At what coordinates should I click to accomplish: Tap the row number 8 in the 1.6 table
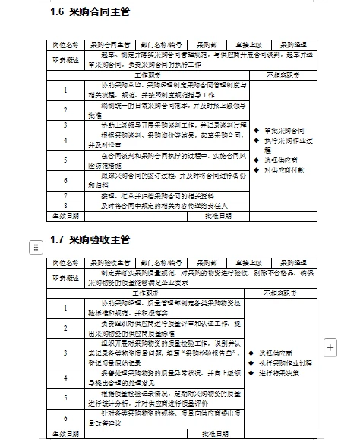coord(65,205)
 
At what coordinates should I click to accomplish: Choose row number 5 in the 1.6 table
coord(65,160)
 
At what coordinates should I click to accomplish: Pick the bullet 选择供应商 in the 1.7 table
coord(280,353)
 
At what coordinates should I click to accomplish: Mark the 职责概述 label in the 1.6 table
coord(65,60)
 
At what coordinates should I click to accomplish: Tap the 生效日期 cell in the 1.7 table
coord(65,432)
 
